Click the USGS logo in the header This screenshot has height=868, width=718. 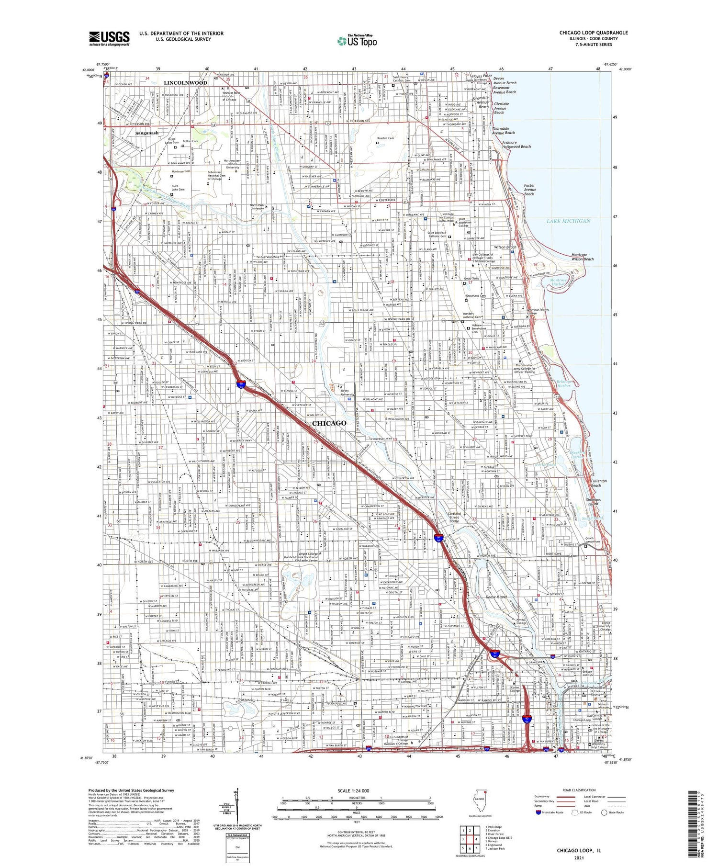tap(109, 38)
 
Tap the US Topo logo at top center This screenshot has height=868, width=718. tap(357, 41)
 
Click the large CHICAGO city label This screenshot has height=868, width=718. tap(329, 423)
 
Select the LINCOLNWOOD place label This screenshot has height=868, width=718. tap(185, 83)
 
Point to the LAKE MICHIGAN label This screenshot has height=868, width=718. tap(568, 221)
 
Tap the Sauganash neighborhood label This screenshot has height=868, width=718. tap(146, 133)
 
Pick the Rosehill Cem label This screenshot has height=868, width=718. tap(385, 138)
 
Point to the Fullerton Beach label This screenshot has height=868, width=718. tap(599, 483)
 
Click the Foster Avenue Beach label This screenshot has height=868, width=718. tap(529, 190)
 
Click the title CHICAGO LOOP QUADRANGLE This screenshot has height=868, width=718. tap(594, 33)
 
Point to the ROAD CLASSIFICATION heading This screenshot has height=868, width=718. tap(579, 790)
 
